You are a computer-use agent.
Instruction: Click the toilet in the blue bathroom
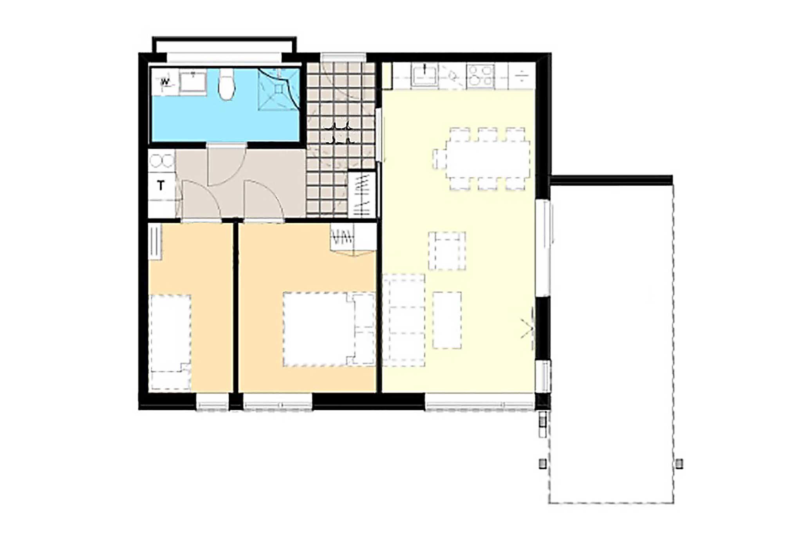[x=226, y=84]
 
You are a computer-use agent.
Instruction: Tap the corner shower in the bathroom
[x=278, y=90]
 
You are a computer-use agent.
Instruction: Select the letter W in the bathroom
[x=165, y=82]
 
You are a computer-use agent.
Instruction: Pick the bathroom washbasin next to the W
[x=193, y=82]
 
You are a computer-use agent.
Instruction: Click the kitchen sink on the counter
[x=424, y=75]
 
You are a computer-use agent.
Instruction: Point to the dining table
[x=487, y=159]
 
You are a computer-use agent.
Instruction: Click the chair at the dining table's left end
[x=439, y=159]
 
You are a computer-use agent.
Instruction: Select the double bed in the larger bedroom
[x=329, y=329]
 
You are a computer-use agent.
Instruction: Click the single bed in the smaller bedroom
[x=171, y=342]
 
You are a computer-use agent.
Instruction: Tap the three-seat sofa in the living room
[x=404, y=320]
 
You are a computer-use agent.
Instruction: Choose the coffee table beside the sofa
[x=447, y=320]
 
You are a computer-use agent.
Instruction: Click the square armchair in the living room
[x=447, y=251]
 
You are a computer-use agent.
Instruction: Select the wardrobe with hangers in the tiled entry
[x=362, y=195]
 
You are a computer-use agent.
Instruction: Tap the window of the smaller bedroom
[x=212, y=402]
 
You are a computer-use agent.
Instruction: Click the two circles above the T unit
[x=162, y=161]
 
